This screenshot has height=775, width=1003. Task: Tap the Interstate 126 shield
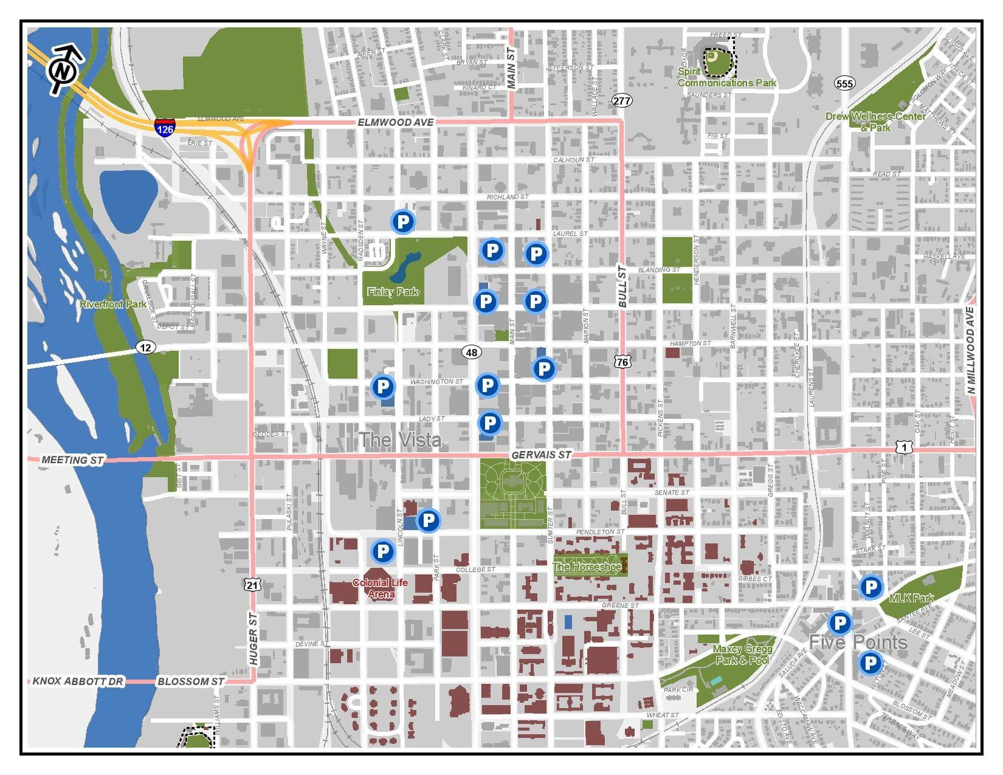[164, 127]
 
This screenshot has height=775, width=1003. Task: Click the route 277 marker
[622, 100]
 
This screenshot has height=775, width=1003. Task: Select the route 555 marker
[844, 83]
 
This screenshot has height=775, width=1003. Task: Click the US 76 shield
[622, 362]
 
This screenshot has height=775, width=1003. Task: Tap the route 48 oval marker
[471, 352]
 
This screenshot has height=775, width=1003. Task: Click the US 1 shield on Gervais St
[904, 447]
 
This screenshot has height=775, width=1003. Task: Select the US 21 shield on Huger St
[253, 585]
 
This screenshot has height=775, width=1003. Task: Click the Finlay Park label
[393, 292]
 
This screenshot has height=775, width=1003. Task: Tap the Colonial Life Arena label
[381, 588]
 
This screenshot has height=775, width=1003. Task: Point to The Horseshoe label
[587, 567]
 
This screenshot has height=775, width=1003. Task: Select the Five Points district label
[857, 642]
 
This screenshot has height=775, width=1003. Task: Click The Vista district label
[399, 439]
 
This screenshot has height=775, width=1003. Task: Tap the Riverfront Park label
[113, 304]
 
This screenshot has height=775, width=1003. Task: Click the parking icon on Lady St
[489, 422]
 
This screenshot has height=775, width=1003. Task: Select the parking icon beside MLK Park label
[870, 587]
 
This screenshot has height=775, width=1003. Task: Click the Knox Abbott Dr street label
[78, 681]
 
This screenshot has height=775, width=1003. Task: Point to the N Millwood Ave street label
[970, 351]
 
